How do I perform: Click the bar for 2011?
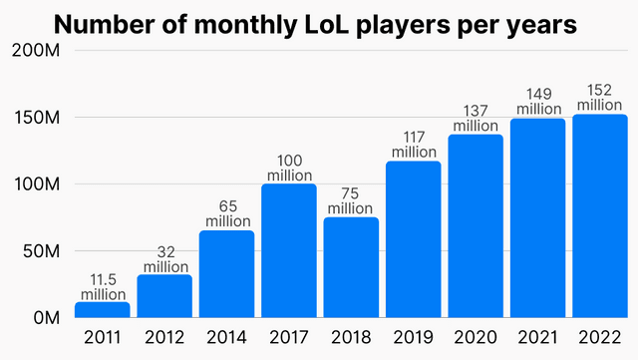click(103, 309)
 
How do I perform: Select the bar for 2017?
click(289, 250)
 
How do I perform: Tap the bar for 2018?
click(351, 267)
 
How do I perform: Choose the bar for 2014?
click(227, 273)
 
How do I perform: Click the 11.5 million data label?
click(103, 286)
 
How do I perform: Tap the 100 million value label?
click(289, 168)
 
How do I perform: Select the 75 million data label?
click(351, 200)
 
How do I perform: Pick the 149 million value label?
click(537, 102)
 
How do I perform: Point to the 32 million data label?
click(164, 258)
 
